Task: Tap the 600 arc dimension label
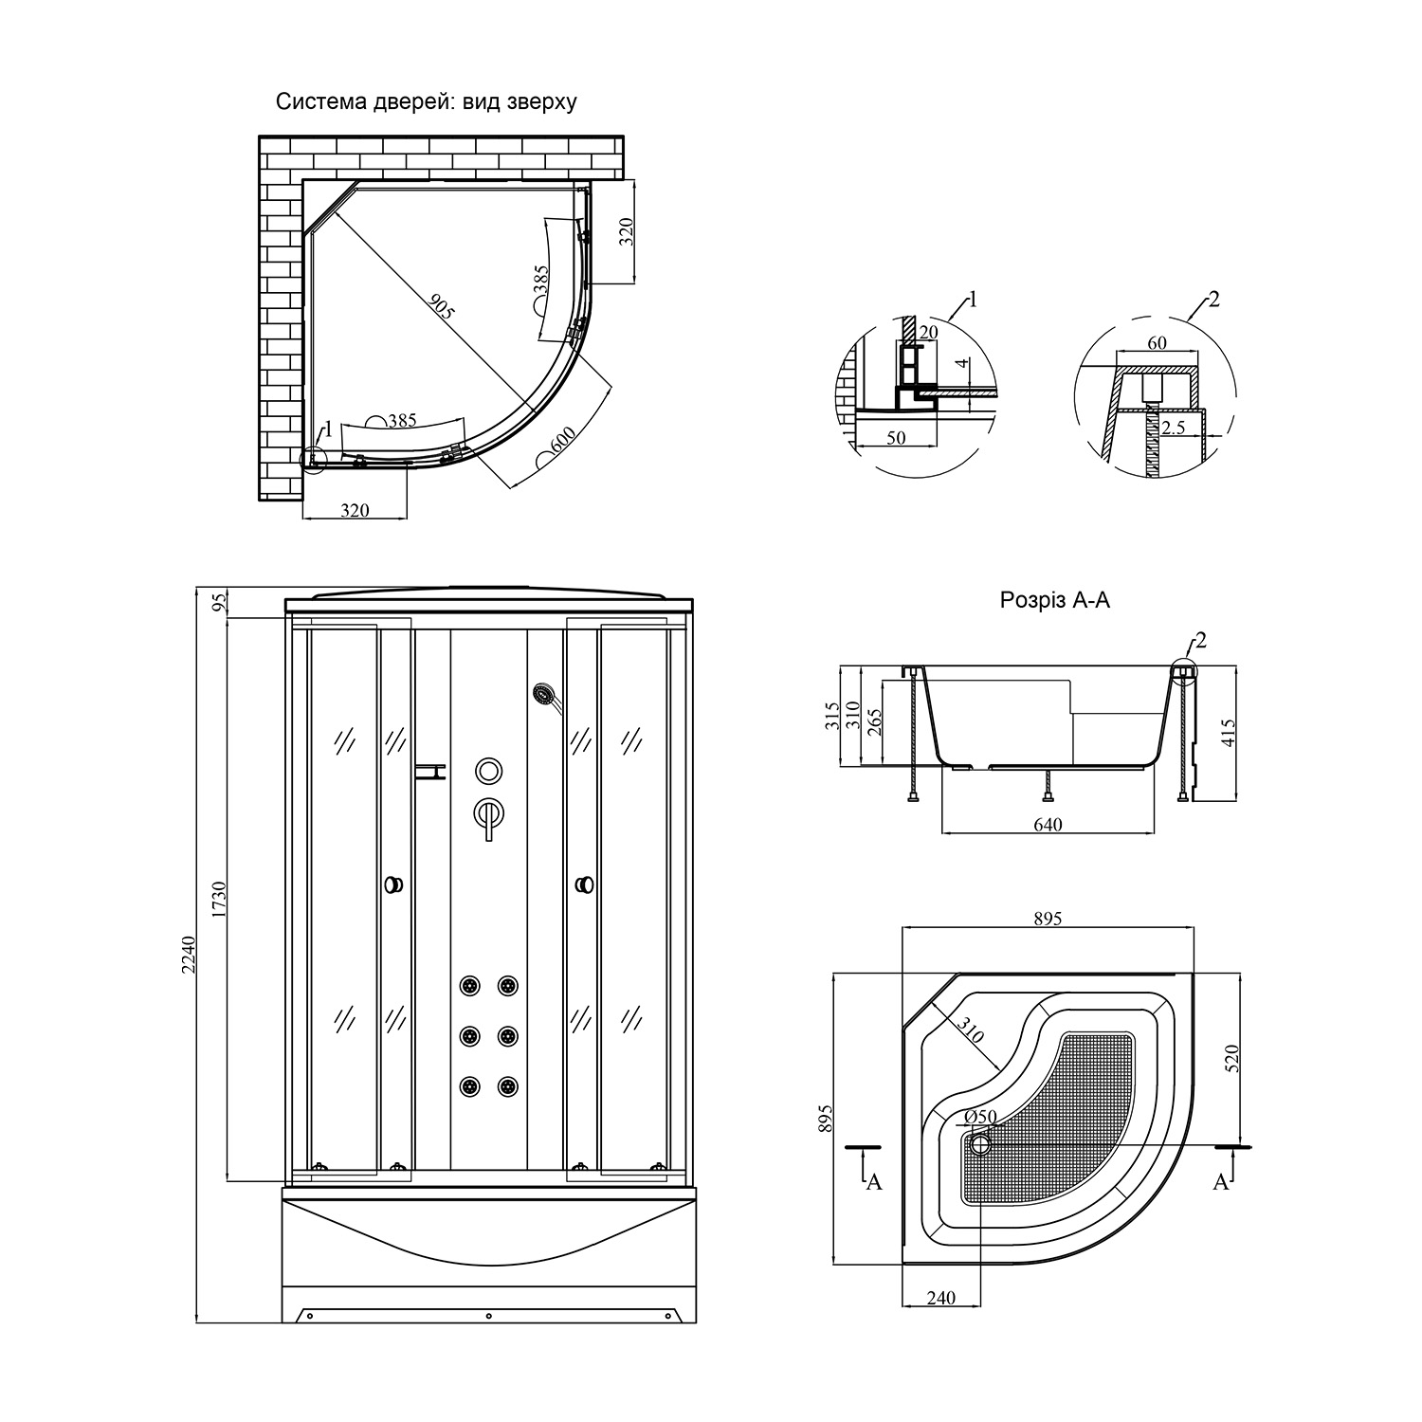tap(562, 444)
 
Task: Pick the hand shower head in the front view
tap(544, 694)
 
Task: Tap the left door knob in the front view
tap(393, 884)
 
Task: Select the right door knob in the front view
tap(585, 884)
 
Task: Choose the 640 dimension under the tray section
tap(1048, 824)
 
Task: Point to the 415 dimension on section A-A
tap(1229, 734)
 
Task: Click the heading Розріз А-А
tap(1054, 600)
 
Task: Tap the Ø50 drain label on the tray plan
tap(982, 1116)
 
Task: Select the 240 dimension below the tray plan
tap(940, 1298)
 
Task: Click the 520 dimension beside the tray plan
tap(1232, 1057)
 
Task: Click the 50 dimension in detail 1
tap(896, 438)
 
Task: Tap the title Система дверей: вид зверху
tap(426, 101)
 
